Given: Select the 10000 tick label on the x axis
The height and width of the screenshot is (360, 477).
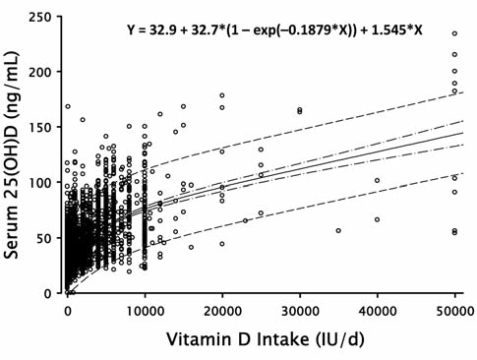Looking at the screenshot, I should point(145,310).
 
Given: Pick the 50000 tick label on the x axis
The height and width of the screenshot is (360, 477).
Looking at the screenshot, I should point(453,310).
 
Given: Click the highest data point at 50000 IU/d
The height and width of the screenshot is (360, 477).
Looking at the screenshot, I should point(454,34).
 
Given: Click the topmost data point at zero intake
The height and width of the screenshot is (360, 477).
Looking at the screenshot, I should point(68,106).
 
